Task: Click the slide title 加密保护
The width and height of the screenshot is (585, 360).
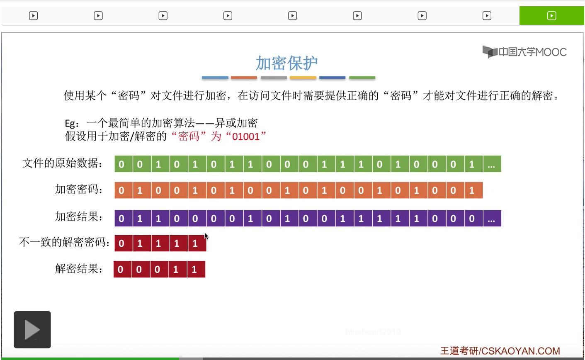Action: (286, 63)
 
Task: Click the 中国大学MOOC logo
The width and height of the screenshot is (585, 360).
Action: (524, 52)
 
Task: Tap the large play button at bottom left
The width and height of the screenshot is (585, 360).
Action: (32, 330)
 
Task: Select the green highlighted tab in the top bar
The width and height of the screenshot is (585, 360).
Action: (551, 16)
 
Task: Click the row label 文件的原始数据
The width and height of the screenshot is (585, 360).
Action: (63, 163)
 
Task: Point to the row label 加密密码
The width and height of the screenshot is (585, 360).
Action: (79, 190)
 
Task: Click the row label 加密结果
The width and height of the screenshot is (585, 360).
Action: (79, 216)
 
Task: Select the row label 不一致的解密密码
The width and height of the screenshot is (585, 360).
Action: (65, 242)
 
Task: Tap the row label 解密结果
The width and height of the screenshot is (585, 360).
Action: (79, 269)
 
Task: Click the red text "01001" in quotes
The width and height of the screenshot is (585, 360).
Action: (246, 136)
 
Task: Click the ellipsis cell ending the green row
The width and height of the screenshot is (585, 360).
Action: (491, 164)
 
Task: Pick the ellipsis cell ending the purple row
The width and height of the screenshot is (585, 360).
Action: (491, 219)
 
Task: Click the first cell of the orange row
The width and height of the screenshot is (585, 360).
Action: (121, 190)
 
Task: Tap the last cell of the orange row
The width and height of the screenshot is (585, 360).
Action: (472, 190)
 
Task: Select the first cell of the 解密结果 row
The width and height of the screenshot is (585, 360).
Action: (121, 270)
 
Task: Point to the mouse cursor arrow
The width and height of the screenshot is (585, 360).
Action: (206, 236)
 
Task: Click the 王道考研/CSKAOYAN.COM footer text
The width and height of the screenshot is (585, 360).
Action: (500, 351)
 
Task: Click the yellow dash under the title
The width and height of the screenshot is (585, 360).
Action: (303, 78)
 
